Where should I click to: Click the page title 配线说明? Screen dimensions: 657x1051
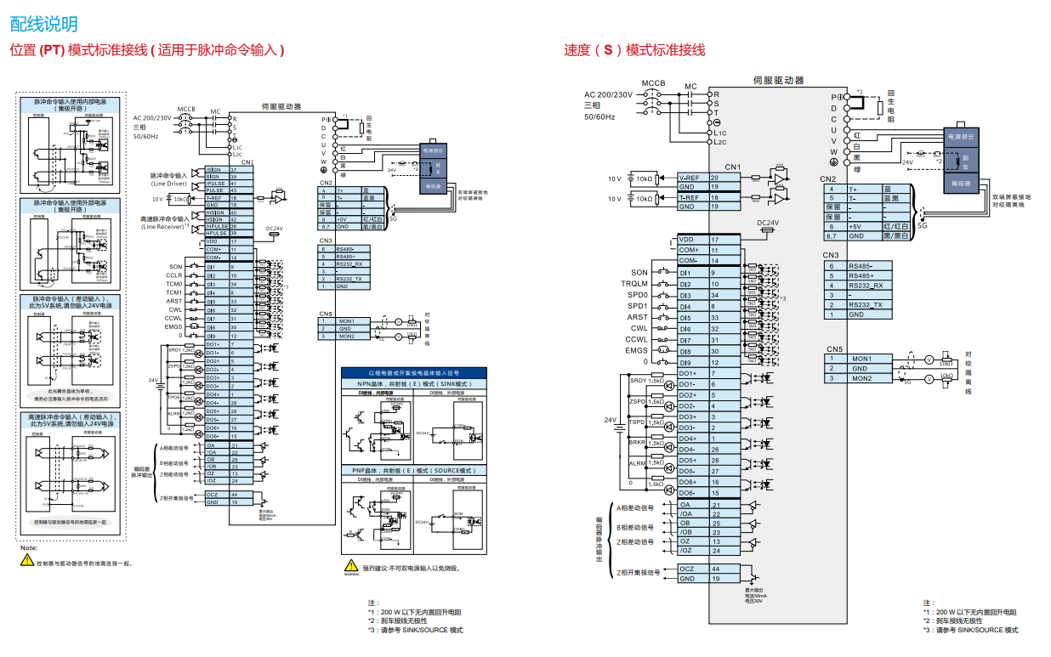point(43,24)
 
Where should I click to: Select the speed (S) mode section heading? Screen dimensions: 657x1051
point(634,50)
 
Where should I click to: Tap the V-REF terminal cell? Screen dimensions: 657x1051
point(690,178)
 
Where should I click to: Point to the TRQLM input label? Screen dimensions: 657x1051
point(634,284)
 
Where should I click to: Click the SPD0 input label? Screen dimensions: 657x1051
point(638,295)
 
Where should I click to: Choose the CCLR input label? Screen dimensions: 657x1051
point(173,275)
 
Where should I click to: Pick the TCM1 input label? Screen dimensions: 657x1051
point(173,292)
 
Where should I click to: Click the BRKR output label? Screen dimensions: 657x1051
point(637,442)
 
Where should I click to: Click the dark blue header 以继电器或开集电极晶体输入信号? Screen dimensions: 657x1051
point(413,373)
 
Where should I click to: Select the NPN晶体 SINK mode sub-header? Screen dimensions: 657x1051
point(413,383)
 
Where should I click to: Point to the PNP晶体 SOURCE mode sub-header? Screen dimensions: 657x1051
point(413,470)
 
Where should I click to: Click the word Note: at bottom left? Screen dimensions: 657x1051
point(29,548)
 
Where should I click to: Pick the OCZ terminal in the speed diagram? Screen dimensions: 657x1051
point(687,569)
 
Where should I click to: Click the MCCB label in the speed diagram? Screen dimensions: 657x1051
point(653,83)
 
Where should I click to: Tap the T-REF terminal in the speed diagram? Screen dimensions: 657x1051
point(690,198)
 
